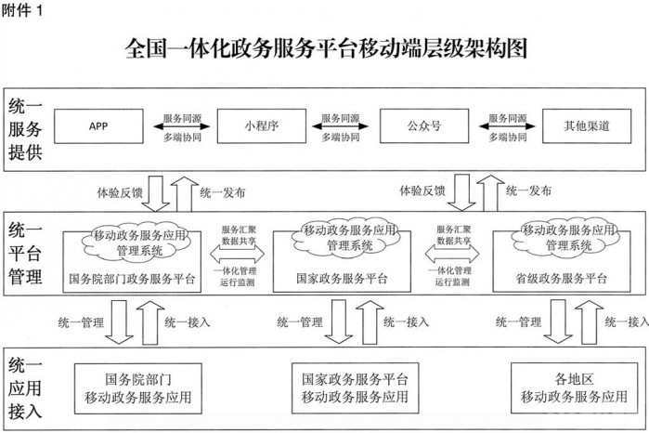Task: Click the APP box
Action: [x=98, y=126]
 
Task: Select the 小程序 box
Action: [x=262, y=126]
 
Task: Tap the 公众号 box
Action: [x=424, y=126]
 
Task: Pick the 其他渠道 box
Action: [x=587, y=126]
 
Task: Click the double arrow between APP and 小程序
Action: [x=181, y=126]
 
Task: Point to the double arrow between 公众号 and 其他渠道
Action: [x=507, y=126]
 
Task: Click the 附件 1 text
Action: [x=22, y=10]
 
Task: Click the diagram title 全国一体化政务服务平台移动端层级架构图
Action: [x=326, y=48]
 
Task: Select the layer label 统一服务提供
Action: [x=25, y=129]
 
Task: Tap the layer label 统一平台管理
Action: [x=25, y=253]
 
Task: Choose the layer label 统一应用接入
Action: [x=25, y=388]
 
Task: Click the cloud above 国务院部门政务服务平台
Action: [x=136, y=242]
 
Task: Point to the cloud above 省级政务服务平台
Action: [x=565, y=237]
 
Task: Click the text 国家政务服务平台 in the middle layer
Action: [x=342, y=278]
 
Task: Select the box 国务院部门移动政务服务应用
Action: [x=137, y=388]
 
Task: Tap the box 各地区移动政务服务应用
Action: [x=574, y=387]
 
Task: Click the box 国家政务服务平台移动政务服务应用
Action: [x=355, y=387]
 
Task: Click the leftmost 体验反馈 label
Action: [x=120, y=192]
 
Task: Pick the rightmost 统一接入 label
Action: [x=626, y=321]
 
